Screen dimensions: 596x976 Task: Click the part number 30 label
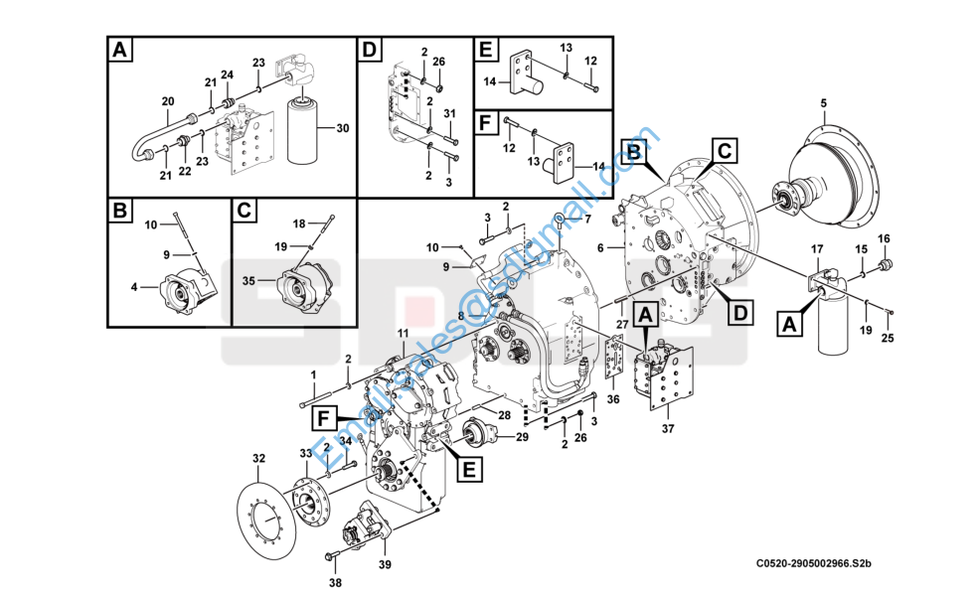pos(343,128)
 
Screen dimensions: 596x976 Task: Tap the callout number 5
pos(823,103)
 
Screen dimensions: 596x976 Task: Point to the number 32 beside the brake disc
pos(259,458)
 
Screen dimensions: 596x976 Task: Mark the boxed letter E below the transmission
pos(467,467)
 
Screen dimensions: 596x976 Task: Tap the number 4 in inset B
pos(133,288)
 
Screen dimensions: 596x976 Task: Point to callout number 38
pos(335,582)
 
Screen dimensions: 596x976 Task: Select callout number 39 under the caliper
pos(385,565)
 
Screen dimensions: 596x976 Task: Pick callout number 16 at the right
pos(884,237)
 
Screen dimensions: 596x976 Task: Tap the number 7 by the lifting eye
pos(587,218)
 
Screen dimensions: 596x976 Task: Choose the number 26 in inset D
pos(440,62)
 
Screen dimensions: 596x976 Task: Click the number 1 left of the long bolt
pos(313,373)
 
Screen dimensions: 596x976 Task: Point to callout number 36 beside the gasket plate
pos(613,399)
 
